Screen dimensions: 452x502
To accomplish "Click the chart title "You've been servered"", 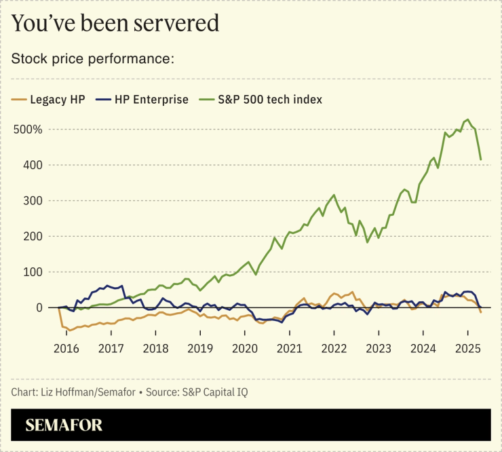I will coord(115,24).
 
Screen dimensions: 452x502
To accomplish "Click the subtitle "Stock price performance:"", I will coord(93,58).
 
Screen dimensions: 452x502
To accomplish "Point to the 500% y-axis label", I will coord(28,130).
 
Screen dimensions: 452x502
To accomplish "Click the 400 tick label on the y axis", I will coord(33,165).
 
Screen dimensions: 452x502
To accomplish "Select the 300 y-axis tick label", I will coord(33,201).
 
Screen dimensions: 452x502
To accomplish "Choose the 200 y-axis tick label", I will coord(33,236).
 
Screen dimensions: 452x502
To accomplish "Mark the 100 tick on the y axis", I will coord(33,272).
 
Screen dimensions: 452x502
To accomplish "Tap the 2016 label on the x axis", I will coord(66,348).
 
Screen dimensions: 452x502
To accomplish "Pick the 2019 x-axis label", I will coord(199,348).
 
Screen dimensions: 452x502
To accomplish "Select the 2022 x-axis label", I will coord(334,348).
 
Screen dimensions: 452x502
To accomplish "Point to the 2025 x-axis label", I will coord(467,348).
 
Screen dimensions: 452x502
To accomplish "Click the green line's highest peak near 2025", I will coord(467,120).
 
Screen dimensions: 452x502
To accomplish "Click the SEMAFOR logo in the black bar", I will coord(64,426).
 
